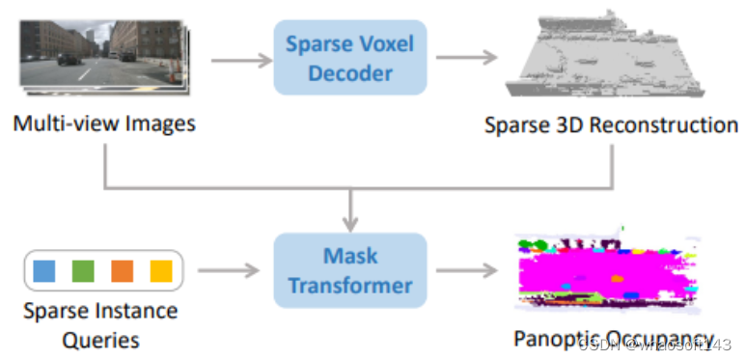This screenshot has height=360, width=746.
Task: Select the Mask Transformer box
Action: pyautogui.click(x=349, y=269)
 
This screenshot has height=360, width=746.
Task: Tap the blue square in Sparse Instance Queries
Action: pyautogui.click(x=44, y=270)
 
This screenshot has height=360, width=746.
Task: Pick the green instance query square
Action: pyautogui.click(x=83, y=270)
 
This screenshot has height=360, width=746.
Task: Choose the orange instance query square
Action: pyautogui.click(x=122, y=270)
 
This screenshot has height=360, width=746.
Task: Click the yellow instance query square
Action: pyautogui.click(x=160, y=270)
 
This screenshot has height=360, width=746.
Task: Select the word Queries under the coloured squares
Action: pyautogui.click(x=101, y=340)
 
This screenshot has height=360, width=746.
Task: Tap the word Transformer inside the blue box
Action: pyautogui.click(x=349, y=286)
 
